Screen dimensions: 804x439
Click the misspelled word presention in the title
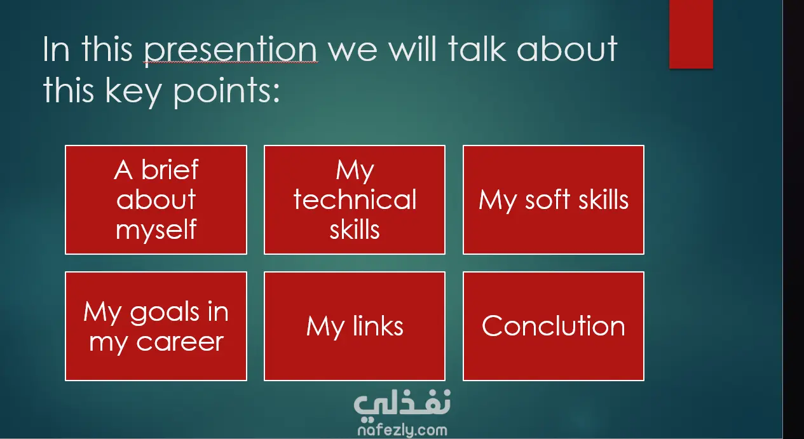231,50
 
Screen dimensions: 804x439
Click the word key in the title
133,91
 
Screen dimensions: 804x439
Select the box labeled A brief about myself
156,199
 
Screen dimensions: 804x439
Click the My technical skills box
355,199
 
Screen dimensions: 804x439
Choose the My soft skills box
554,199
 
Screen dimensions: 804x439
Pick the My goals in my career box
156,326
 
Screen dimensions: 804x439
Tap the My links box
355,326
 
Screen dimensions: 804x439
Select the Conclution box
554,326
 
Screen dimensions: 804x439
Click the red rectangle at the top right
691,34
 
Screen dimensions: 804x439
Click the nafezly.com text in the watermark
402,430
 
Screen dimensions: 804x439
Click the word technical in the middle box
355,199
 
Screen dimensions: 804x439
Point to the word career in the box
180,342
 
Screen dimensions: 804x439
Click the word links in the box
378,326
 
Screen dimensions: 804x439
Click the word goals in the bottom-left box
165,313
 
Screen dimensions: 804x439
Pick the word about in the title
567,48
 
